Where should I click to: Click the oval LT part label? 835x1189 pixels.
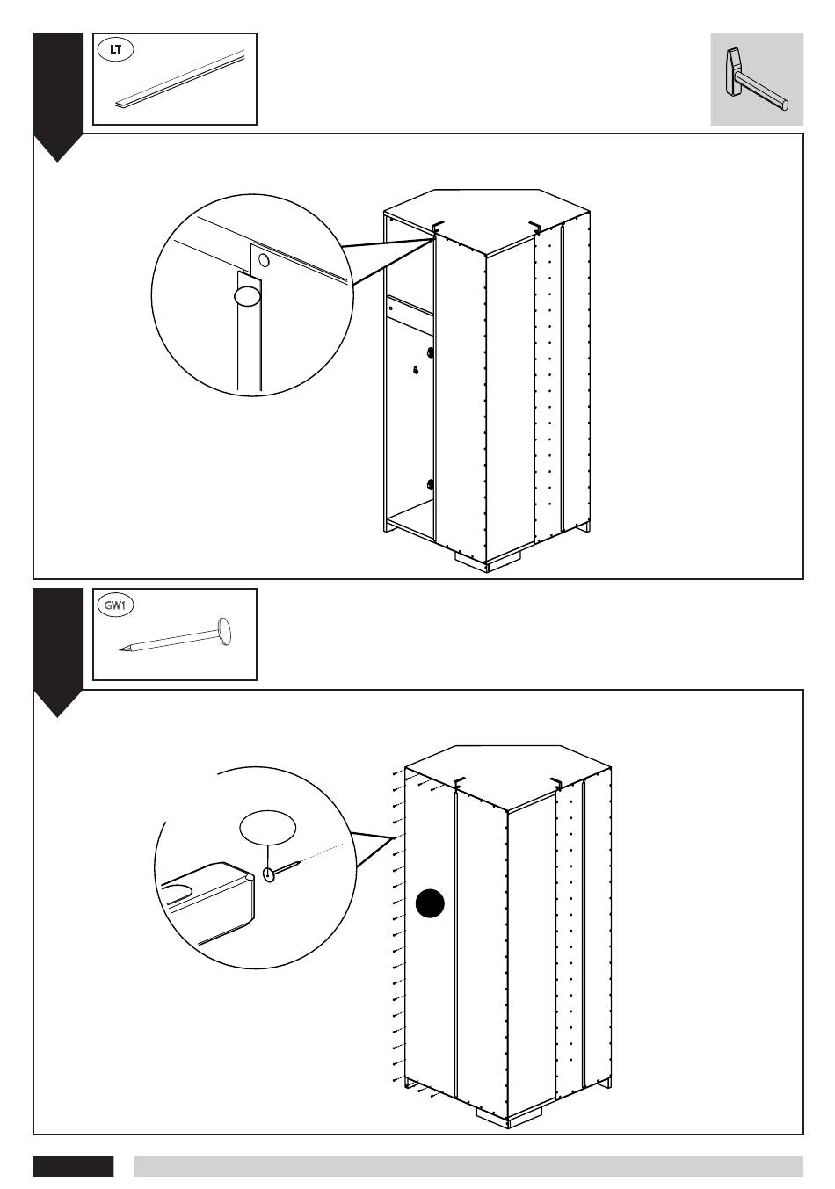click(x=115, y=49)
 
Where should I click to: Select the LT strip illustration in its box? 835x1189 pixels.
click(x=179, y=81)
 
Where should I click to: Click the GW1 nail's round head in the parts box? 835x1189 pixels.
click(x=224, y=629)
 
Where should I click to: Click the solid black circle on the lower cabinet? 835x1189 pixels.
click(x=431, y=903)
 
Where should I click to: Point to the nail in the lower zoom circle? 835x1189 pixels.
click(x=283, y=871)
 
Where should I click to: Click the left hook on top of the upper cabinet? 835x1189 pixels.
click(x=439, y=228)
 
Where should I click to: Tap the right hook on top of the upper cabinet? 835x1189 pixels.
click(x=534, y=228)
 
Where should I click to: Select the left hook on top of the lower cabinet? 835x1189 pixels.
click(x=458, y=782)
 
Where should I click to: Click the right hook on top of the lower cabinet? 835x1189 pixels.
click(x=555, y=782)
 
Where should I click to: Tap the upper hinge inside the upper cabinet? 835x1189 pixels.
click(x=429, y=352)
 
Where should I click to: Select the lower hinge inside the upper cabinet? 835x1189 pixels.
click(x=429, y=483)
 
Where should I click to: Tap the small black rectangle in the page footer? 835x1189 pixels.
click(x=73, y=1166)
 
